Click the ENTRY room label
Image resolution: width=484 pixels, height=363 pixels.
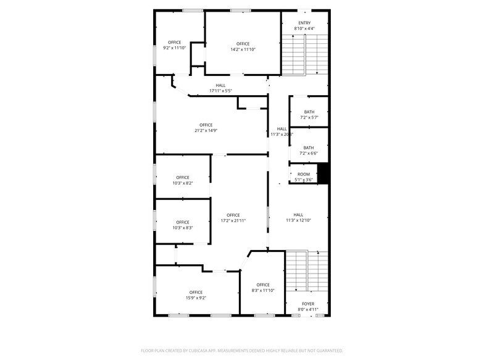(304, 23)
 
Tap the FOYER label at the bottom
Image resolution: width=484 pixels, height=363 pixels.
(307, 304)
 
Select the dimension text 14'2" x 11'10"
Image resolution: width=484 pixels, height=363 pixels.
(243, 49)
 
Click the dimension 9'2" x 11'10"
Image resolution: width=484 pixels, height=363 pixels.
(175, 48)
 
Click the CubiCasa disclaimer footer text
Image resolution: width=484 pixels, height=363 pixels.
(242, 349)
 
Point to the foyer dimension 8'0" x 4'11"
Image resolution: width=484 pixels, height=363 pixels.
(307, 309)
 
